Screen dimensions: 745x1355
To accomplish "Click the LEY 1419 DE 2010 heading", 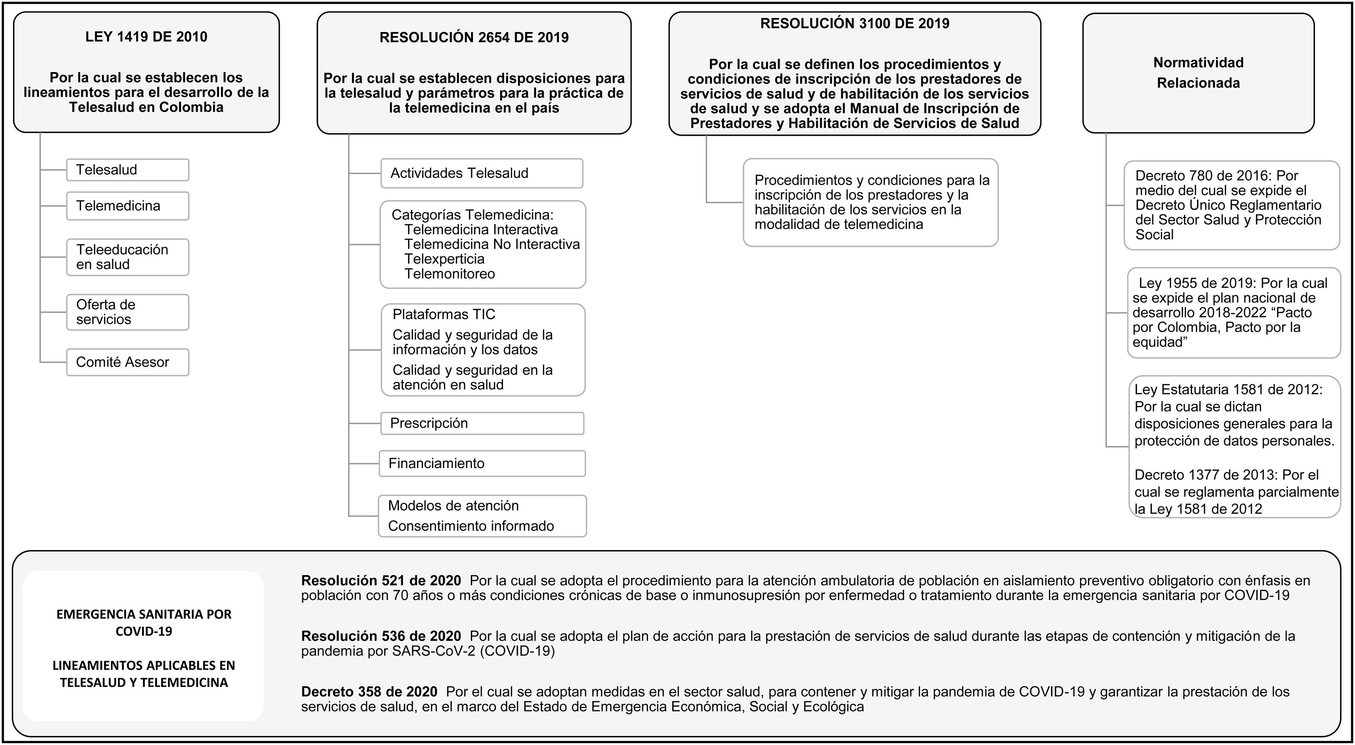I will tap(146, 37).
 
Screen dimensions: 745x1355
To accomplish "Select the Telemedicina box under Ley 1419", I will tap(127, 206).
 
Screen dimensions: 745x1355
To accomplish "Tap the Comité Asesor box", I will tap(127, 362).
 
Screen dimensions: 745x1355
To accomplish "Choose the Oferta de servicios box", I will tap(127, 312).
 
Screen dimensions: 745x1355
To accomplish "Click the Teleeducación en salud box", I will tap(127, 257).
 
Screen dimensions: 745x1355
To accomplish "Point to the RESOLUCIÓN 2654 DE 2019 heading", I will tap(474, 37).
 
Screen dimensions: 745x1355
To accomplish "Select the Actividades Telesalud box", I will tap(481, 173).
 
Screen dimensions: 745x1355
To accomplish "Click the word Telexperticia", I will tap(444, 259).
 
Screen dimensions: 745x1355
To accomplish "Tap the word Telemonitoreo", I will tap(450, 274).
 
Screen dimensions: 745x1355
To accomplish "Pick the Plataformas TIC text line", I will tap(444, 314).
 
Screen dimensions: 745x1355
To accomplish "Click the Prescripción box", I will tap(481, 423).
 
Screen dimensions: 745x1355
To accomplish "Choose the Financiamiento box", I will tap(481, 463).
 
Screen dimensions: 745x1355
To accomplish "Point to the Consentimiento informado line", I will tap(471, 526).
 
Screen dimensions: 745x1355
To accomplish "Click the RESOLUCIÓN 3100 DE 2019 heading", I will tap(855, 23).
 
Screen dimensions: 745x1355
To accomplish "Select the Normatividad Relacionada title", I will tap(1198, 73).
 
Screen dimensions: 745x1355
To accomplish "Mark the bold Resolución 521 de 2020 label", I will tap(381, 580).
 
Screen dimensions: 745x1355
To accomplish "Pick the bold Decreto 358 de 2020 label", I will tap(369, 691).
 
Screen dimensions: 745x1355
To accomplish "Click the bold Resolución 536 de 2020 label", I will tap(381, 636).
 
